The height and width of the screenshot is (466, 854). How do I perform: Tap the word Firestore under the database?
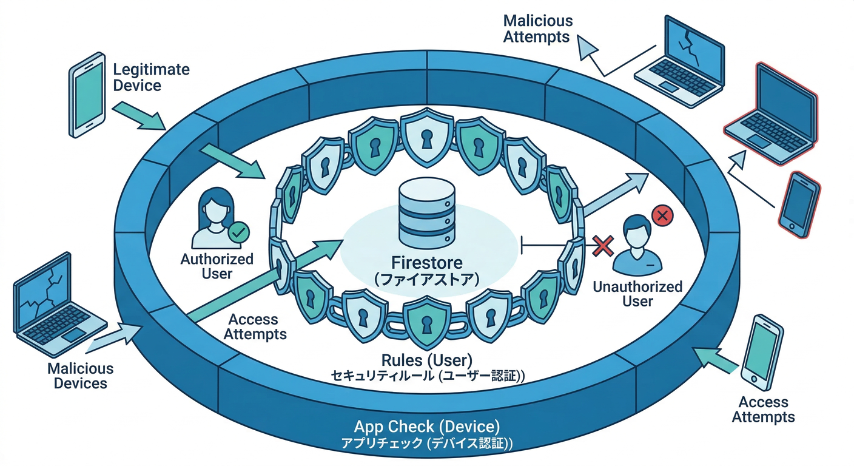[x=427, y=263]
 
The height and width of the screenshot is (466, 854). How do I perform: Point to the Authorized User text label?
[x=217, y=266]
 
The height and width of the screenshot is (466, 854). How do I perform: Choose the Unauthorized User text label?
[x=637, y=294]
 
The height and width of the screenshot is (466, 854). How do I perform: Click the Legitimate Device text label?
[x=151, y=77]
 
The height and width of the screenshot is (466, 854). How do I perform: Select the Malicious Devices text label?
[x=80, y=376]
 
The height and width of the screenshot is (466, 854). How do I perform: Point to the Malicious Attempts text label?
[x=537, y=29]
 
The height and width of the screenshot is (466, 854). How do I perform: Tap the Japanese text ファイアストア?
[x=427, y=280]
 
